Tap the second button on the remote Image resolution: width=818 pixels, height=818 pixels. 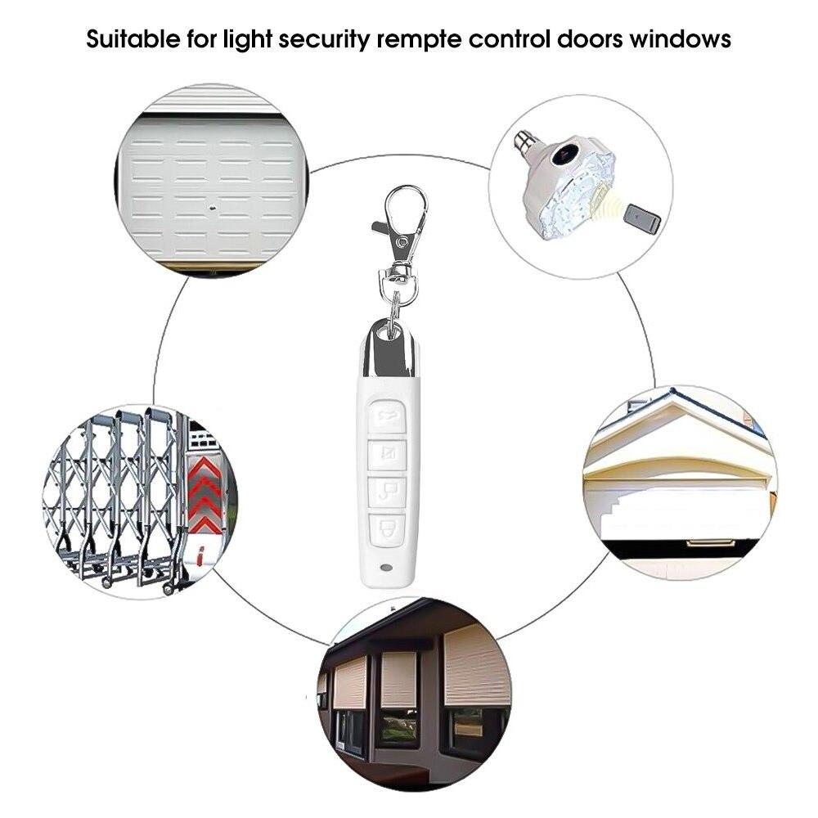(387, 454)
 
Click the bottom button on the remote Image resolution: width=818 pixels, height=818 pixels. (387, 529)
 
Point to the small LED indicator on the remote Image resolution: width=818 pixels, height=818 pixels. (387, 567)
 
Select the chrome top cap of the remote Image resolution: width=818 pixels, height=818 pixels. (389, 348)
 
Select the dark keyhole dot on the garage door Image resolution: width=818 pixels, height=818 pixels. (213, 207)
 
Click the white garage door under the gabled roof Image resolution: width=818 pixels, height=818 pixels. (683, 514)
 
